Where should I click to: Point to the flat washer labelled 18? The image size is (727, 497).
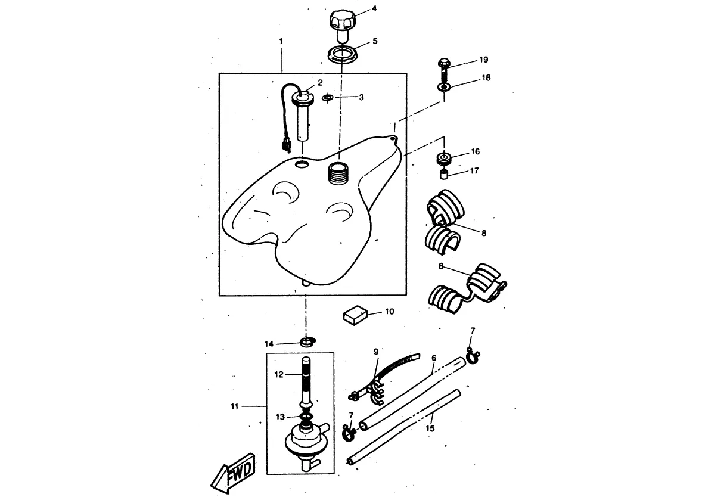[x=444, y=87]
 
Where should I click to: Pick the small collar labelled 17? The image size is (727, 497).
[x=444, y=175]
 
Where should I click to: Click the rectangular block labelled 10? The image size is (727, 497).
[x=355, y=315]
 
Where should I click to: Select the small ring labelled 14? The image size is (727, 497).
[x=307, y=342]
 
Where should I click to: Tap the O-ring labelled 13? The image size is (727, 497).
[x=306, y=417]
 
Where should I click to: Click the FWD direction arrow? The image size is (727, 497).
[x=234, y=473]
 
